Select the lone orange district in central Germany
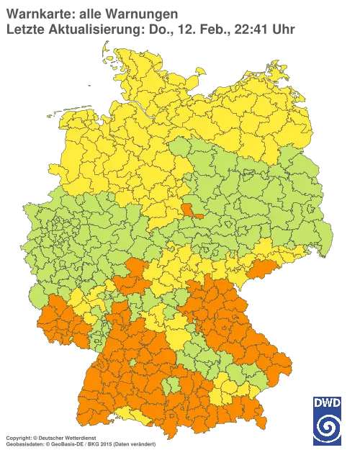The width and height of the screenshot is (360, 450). [x=190, y=210]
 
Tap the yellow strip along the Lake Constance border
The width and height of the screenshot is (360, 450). [x=134, y=413]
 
